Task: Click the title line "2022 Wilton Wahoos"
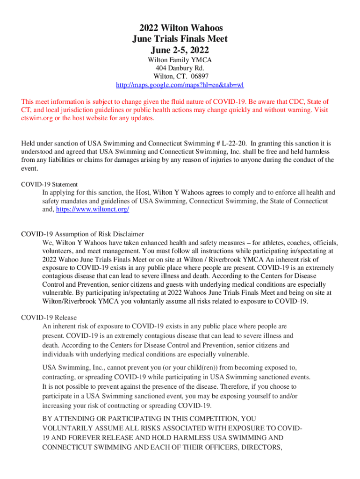point(180,28)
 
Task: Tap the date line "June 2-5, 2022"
point(180,50)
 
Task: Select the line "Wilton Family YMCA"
point(180,60)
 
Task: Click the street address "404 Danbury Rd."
point(180,68)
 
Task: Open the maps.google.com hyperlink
point(180,85)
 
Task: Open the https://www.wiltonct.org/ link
point(93,210)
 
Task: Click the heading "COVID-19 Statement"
point(50,184)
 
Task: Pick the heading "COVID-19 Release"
point(49,318)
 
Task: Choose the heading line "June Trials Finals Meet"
point(180,39)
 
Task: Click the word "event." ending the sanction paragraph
point(30,169)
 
